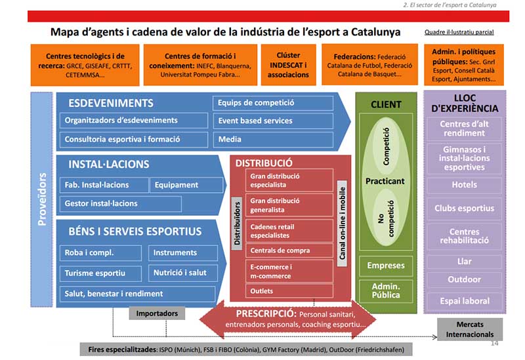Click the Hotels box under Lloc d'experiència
464,185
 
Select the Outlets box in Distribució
281,290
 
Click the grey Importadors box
157,313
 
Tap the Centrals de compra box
281,250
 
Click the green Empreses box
386,266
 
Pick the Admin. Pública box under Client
386,290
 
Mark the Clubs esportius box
464,209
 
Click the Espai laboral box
464,301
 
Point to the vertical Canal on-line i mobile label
342,223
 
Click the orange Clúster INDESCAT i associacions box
288,65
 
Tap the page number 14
494,343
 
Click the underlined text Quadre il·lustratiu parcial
459,32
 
